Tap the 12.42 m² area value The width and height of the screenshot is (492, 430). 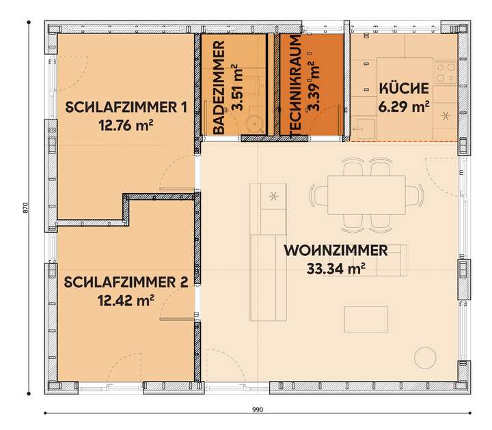126,298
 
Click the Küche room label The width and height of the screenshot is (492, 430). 403,89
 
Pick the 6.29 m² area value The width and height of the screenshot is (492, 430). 403,106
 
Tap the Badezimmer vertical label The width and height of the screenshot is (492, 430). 219,87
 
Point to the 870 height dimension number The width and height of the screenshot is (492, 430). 25,208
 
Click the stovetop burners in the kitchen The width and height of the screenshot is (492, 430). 446,70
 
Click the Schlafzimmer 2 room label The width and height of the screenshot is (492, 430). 125,282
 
